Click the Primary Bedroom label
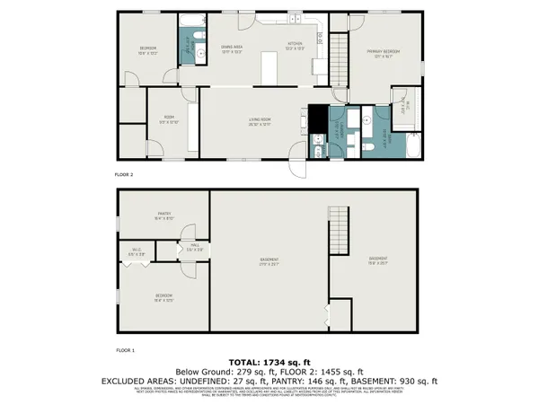coord(383,53)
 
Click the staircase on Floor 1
coord(339,239)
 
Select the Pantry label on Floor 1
coord(164,213)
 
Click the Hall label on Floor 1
coord(193,246)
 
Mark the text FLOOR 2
coord(124,174)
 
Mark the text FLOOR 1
coord(124,347)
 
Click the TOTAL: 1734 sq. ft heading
coord(269,360)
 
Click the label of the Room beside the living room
coord(168,119)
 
